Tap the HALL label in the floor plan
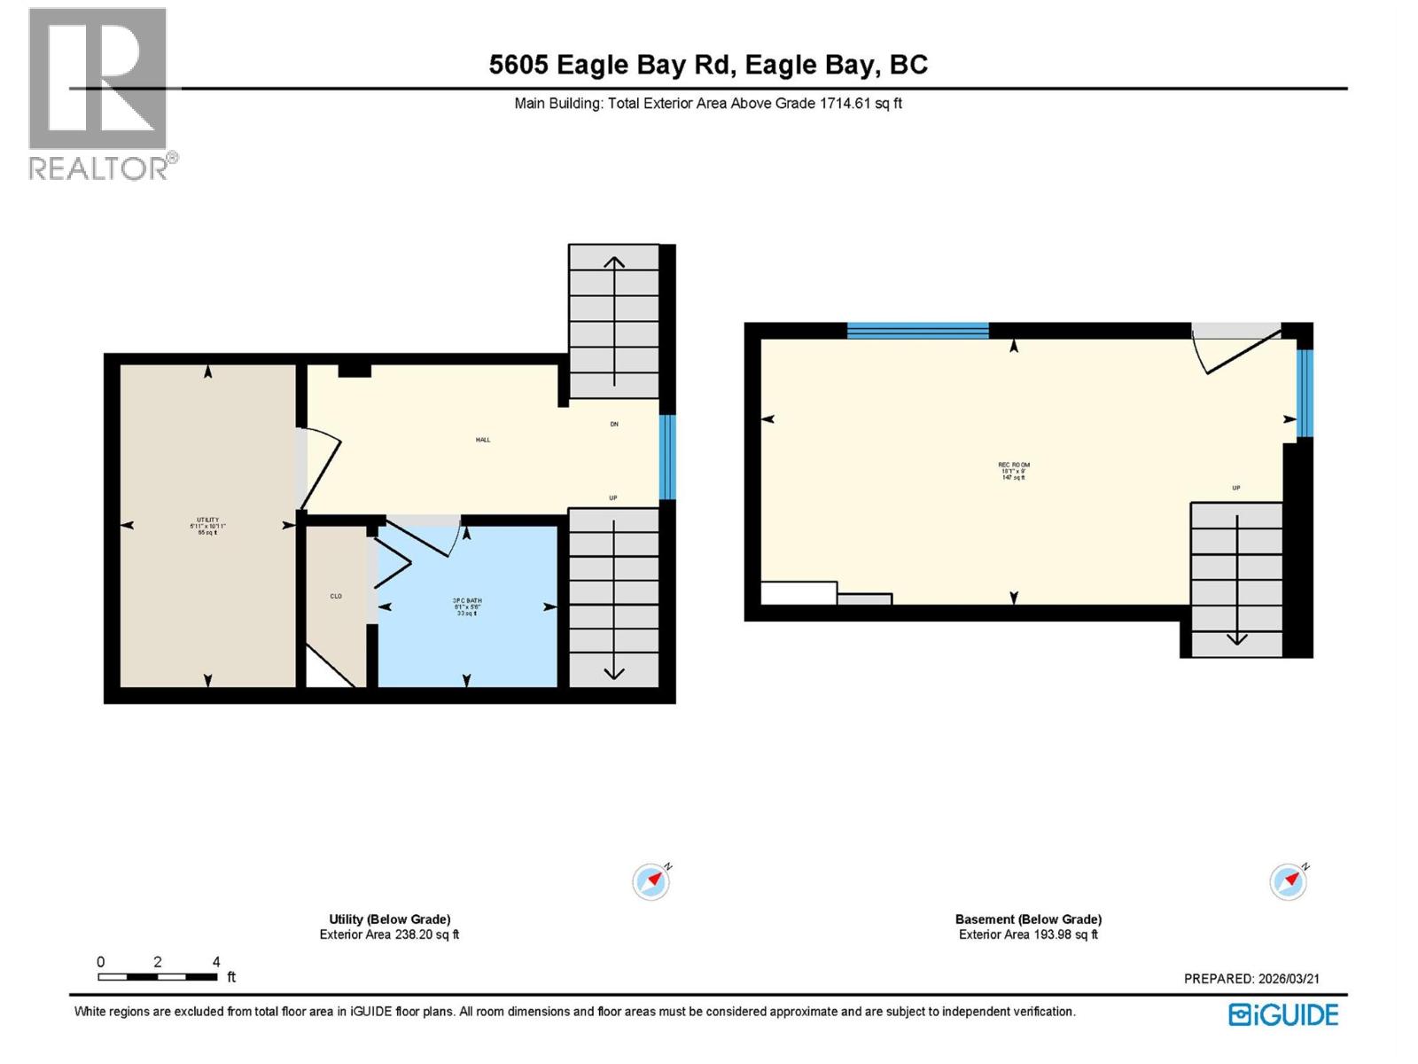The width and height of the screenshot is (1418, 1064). pos(483,440)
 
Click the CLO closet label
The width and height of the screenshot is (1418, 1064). pos(336,596)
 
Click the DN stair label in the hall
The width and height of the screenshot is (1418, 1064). pos(614,424)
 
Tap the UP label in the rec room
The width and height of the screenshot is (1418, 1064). pos(1235,488)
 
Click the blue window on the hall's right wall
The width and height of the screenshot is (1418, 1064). pos(667,457)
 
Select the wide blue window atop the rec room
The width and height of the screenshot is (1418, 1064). pos(917,331)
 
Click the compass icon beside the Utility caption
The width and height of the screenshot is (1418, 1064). pos(651,881)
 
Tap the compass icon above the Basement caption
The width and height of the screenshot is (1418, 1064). pos(1289,881)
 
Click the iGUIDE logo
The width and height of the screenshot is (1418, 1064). pos(1283,1014)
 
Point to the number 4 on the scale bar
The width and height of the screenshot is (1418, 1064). pos(216,962)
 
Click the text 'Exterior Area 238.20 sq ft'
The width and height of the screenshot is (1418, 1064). pos(389,935)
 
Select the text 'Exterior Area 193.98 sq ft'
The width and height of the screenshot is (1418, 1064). pos(1028,935)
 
